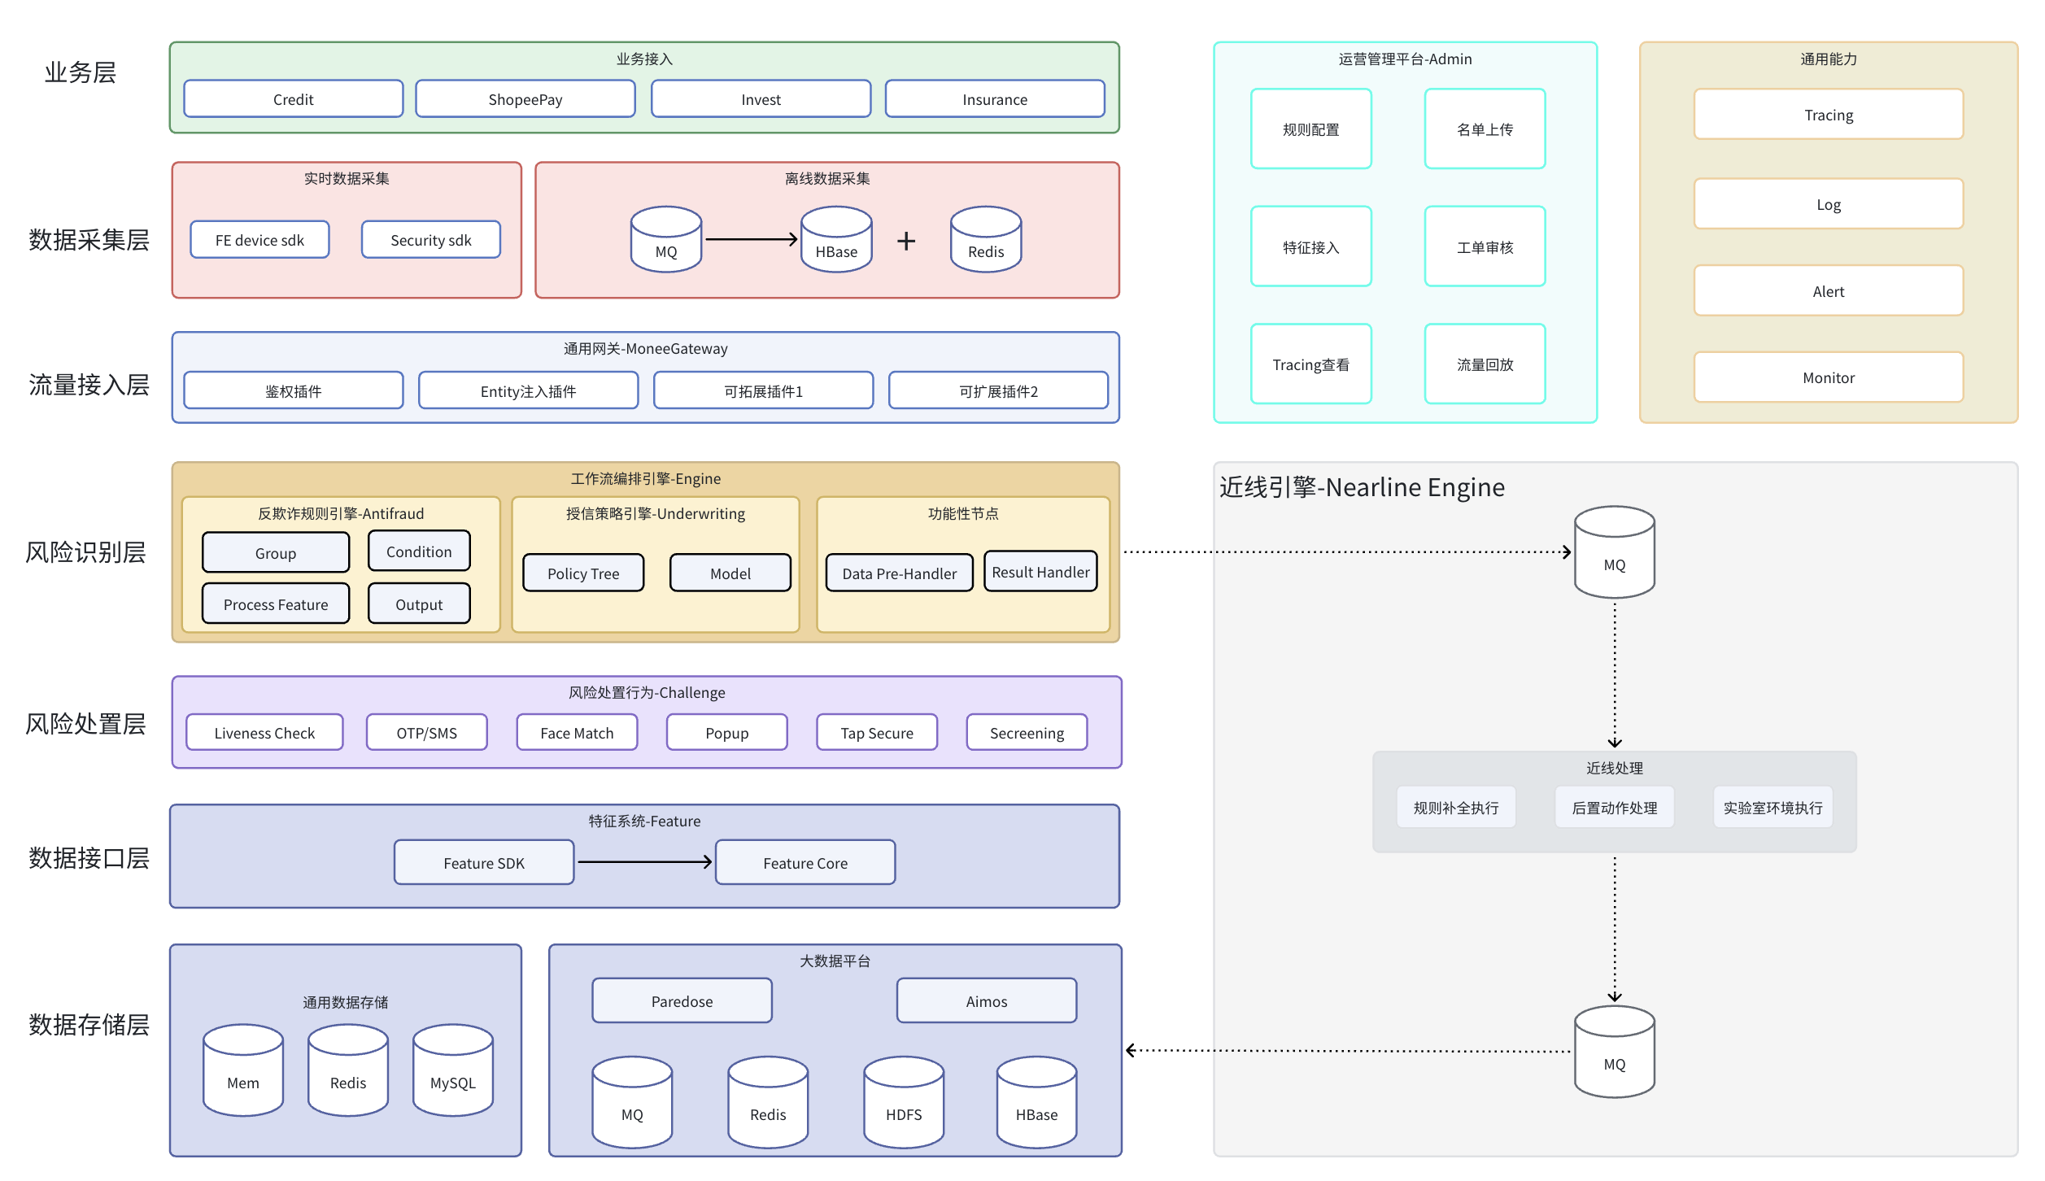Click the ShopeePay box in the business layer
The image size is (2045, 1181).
(x=525, y=99)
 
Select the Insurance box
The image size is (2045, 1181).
(x=995, y=99)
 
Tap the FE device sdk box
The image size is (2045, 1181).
(x=259, y=240)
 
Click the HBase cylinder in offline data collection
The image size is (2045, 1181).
(x=836, y=239)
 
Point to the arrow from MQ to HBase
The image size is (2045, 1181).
(x=751, y=239)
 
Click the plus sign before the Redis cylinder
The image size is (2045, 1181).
(x=906, y=241)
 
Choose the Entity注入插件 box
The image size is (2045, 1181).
(x=528, y=390)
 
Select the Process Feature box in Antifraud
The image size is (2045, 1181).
(x=276, y=604)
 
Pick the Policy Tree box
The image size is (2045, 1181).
(x=583, y=573)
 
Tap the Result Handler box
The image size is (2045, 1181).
(x=1040, y=571)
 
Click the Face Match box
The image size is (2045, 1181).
(x=577, y=732)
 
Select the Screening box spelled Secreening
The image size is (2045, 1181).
(x=1027, y=732)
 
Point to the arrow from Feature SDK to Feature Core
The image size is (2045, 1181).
(x=645, y=862)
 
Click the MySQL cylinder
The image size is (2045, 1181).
(x=453, y=1070)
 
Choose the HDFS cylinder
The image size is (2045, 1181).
(x=904, y=1102)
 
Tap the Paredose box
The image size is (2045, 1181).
(x=682, y=1000)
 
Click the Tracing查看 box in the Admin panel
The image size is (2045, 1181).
(x=1310, y=364)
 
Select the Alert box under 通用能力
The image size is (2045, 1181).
(x=1828, y=290)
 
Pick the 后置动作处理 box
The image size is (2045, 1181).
(x=1614, y=807)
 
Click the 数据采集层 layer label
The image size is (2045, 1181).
(x=89, y=240)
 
